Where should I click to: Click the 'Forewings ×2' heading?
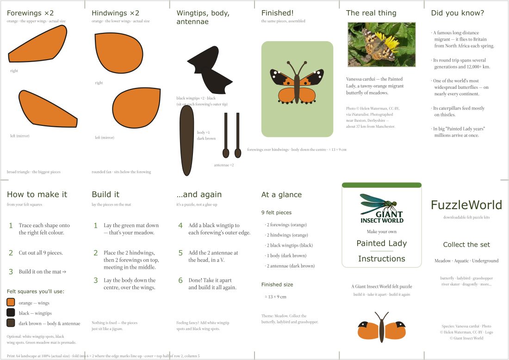[30, 13]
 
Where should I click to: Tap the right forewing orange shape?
[39, 44]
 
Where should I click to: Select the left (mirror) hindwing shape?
[137, 107]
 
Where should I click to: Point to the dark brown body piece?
[186, 140]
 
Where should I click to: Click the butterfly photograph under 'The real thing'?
[381, 44]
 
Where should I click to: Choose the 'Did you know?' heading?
[457, 13]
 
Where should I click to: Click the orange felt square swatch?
[11, 302]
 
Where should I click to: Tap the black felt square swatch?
[11, 312]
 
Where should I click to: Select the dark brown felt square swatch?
[11, 323]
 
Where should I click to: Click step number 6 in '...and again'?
[180, 280]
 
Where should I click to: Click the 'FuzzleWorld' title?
[466, 205]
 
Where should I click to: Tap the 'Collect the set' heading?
[466, 244]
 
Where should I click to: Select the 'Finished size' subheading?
[277, 285]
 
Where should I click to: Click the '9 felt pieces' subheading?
[277, 212]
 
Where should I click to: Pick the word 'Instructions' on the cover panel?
[382, 259]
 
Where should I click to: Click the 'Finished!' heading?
[278, 13]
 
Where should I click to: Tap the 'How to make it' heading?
[37, 194]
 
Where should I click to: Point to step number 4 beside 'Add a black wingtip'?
[180, 225]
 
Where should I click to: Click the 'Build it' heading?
[106, 194]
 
